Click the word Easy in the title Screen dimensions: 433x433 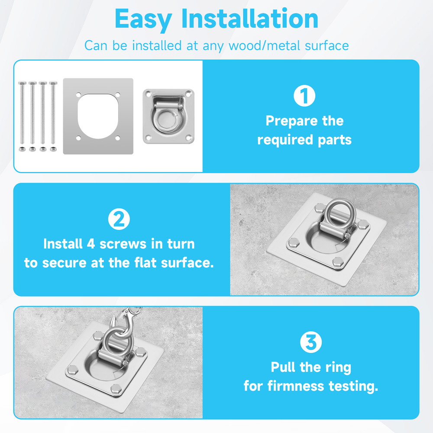coord(143,19)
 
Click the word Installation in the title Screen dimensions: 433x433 coord(250,18)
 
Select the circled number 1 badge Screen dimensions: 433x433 coord(304,96)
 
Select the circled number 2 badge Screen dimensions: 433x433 coord(119,219)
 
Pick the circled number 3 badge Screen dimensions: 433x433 coord(311,342)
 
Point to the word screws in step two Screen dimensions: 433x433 coord(123,244)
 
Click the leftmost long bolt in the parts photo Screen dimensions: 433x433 coord(22,113)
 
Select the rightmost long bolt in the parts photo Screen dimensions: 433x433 coord(53,113)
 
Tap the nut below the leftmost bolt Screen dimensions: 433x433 coord(22,149)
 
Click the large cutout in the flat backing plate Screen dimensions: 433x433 coord(98,116)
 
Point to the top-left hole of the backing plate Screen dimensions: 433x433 coord(78,94)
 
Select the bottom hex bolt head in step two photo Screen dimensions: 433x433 coord(338,262)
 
